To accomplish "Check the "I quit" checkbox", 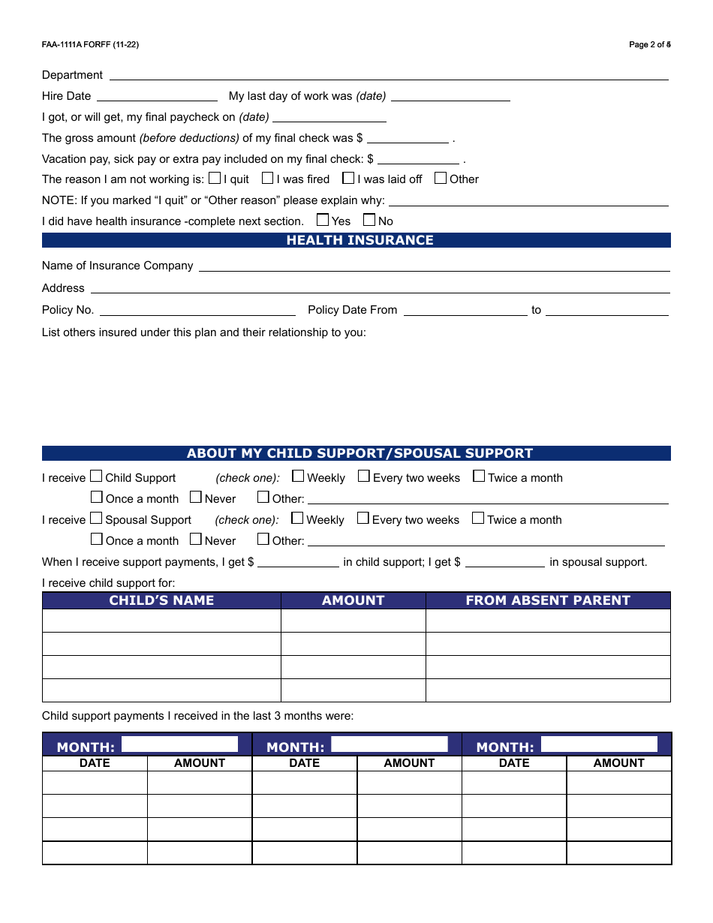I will (x=215, y=179).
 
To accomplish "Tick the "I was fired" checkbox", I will (x=267, y=179).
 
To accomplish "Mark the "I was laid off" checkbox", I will (x=348, y=179).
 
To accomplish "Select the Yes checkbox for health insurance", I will (x=323, y=221).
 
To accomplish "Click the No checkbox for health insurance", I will (x=369, y=221).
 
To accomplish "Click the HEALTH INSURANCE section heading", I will (x=360, y=240).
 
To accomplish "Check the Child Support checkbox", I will (x=96, y=477).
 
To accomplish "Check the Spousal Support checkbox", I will (x=96, y=519).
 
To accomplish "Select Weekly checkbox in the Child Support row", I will (x=298, y=477).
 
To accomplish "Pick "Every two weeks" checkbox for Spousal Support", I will (x=363, y=519).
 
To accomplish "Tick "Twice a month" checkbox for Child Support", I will (x=479, y=477).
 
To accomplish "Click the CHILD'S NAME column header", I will (x=161, y=600).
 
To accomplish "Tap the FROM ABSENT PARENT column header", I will (x=548, y=600).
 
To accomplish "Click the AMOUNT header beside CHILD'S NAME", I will (x=353, y=600).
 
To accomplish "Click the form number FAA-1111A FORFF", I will (x=90, y=45).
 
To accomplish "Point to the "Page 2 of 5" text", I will (x=650, y=45).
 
